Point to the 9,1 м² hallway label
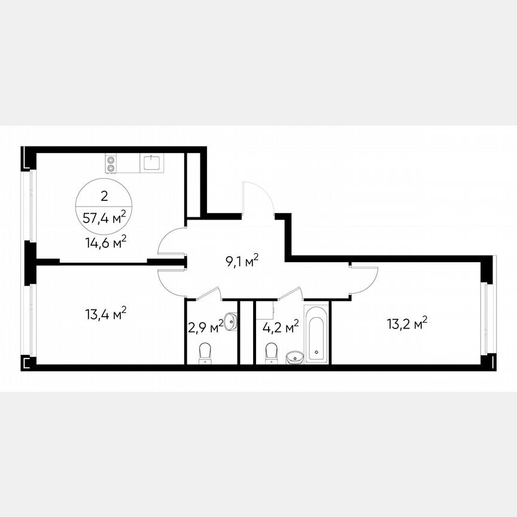pyautogui.click(x=238, y=260)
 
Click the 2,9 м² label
pyautogui.click(x=202, y=327)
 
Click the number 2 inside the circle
pyautogui.click(x=105, y=195)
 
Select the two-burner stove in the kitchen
pyautogui.click(x=111, y=163)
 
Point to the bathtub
pyautogui.click(x=316, y=334)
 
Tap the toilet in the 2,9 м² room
pyautogui.click(x=205, y=352)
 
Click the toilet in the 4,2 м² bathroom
pyautogui.click(x=271, y=352)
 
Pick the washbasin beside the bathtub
pyautogui.click(x=295, y=357)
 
